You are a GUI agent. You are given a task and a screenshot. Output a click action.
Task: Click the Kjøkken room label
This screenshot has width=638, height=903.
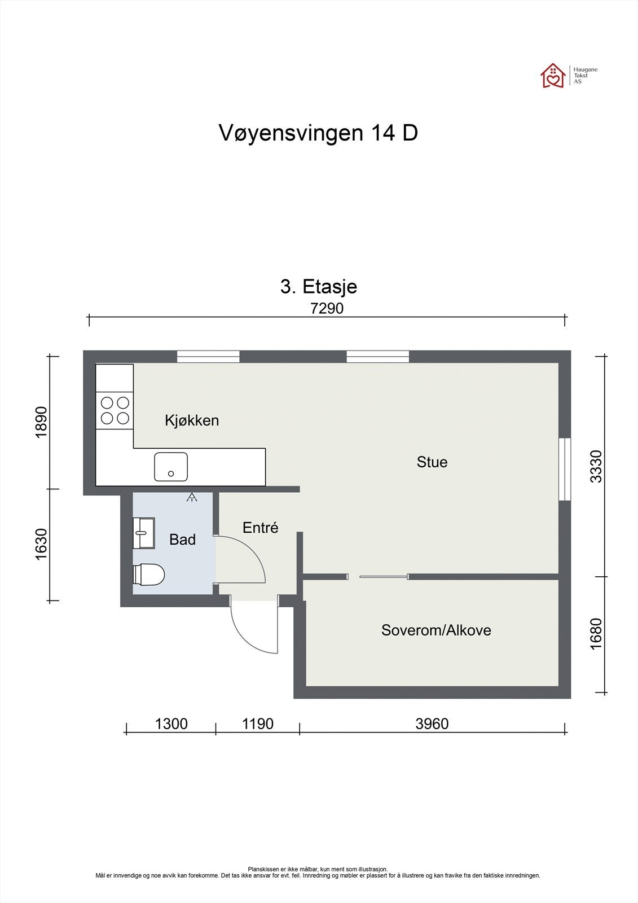(192, 420)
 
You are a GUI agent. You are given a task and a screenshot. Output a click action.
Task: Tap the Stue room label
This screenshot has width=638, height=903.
(432, 462)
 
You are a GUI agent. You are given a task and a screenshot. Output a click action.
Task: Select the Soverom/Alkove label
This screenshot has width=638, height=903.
(436, 630)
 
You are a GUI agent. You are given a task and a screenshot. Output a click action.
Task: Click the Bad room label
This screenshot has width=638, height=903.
(182, 540)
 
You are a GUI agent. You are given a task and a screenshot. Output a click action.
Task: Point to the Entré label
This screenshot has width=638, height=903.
(261, 528)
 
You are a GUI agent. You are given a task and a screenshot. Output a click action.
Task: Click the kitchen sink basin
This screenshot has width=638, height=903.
(171, 467)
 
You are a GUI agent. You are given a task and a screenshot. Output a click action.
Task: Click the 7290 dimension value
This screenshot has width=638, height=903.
(327, 309)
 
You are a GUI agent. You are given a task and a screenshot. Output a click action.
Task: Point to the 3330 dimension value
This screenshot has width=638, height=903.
(596, 466)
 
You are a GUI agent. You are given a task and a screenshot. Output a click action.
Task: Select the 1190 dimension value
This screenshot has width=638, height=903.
(257, 724)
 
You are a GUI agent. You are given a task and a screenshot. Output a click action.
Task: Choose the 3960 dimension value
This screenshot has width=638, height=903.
(432, 724)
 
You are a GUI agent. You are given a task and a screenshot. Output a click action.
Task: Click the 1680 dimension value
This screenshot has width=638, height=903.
(596, 634)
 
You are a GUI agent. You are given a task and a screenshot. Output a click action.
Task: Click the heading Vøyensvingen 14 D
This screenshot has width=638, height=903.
(318, 134)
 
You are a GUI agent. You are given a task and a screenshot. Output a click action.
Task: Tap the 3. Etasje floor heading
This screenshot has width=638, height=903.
(319, 287)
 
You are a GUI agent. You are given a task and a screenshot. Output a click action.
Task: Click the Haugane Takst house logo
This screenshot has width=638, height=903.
(553, 76)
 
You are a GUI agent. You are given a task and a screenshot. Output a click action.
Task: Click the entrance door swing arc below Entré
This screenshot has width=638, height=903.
(248, 635)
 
